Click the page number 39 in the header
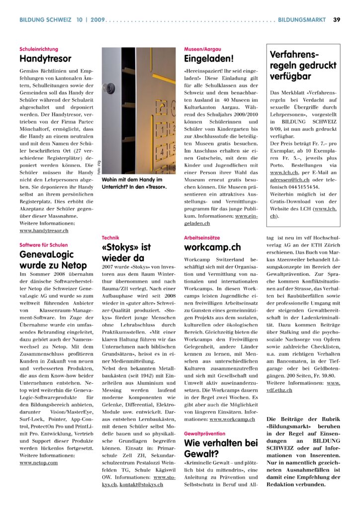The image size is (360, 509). pos(337,20)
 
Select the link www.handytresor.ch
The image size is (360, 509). pos(44,231)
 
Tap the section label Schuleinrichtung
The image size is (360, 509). pos(39,49)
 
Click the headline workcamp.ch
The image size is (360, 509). pos(212,248)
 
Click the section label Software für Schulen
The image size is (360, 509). pos(44,245)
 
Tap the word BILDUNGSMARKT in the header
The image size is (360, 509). pos(302,20)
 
